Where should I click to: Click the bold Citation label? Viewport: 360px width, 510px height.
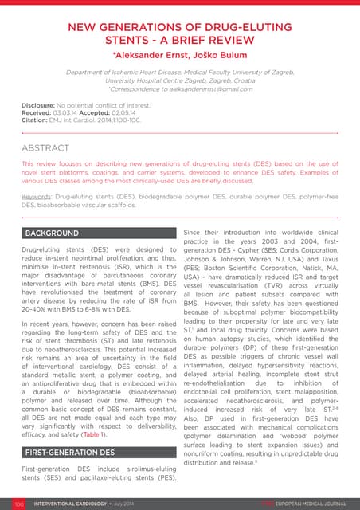34,120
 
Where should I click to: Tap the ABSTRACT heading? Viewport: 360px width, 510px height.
49,148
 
